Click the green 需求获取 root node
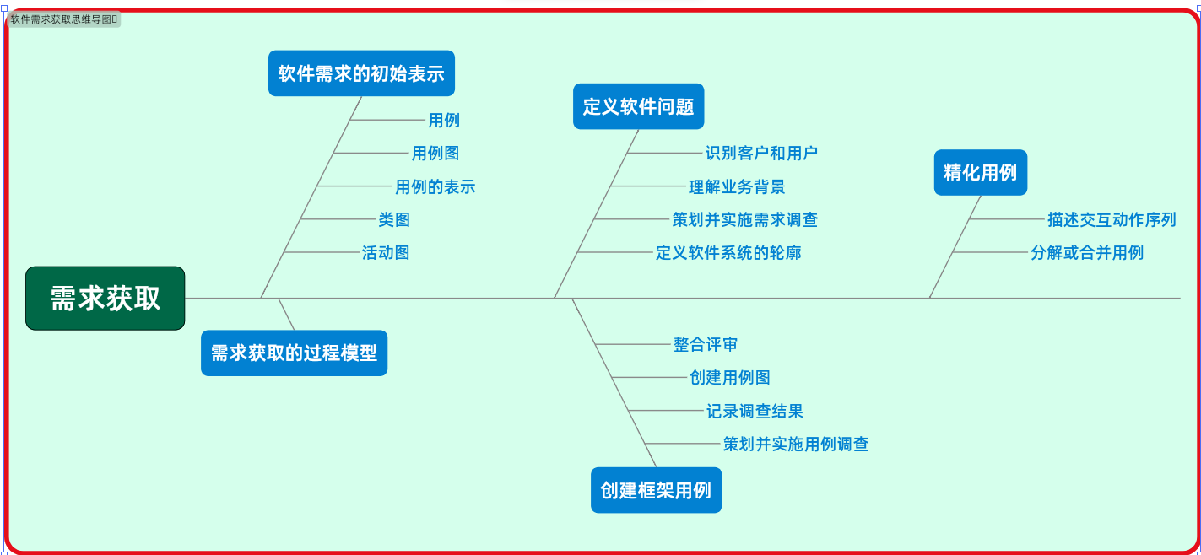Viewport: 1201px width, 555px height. point(105,299)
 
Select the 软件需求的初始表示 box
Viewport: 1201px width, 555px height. point(361,73)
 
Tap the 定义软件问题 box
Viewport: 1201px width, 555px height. point(638,106)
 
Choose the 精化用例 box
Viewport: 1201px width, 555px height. point(980,172)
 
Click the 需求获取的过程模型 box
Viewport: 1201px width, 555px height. point(294,353)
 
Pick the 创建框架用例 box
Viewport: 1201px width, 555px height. point(656,490)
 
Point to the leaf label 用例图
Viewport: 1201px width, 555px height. point(435,154)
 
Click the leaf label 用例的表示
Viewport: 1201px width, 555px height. point(435,186)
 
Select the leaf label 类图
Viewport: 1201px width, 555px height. point(394,219)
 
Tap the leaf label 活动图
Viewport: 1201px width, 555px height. point(386,252)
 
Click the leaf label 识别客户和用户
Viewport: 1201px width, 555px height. point(761,154)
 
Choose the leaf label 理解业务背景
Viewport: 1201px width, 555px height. point(737,186)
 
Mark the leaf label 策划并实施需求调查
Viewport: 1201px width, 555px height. point(744,219)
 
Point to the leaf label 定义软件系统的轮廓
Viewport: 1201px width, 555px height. point(728,252)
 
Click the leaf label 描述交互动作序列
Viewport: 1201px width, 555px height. point(1112,219)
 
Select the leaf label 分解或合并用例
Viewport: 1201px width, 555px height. point(1087,252)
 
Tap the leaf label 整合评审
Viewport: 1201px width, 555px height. point(706,344)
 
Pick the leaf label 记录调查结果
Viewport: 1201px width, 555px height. point(755,411)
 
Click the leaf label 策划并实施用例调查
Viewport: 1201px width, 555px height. point(796,444)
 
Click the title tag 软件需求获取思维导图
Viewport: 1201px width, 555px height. point(63,19)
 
